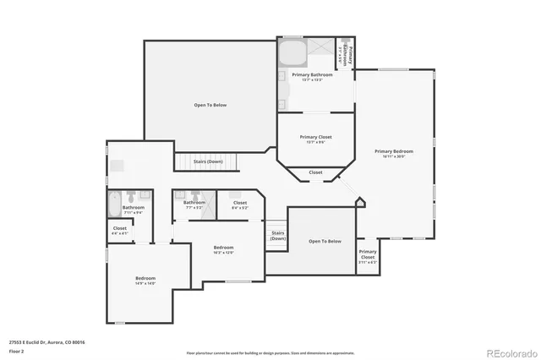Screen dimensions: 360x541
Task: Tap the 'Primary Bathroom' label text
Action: (x=312, y=75)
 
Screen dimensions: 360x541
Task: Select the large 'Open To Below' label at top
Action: (x=210, y=105)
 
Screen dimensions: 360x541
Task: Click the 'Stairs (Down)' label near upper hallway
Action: (x=208, y=161)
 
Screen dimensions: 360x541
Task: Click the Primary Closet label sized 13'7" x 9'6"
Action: (x=314, y=138)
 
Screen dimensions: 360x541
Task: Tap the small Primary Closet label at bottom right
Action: (x=368, y=254)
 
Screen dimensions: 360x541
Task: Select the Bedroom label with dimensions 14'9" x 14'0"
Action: (x=145, y=280)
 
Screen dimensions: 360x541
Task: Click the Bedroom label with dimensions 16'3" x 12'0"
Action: (x=223, y=248)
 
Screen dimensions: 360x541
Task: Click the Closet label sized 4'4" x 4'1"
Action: (x=120, y=229)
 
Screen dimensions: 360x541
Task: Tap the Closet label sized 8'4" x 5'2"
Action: (x=240, y=204)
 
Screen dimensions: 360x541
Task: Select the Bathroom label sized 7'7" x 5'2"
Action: (x=194, y=204)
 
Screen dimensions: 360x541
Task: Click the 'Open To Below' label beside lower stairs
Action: (x=325, y=241)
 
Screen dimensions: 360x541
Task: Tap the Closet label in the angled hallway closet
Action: (x=315, y=172)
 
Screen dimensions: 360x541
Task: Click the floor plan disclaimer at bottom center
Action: (x=270, y=352)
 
